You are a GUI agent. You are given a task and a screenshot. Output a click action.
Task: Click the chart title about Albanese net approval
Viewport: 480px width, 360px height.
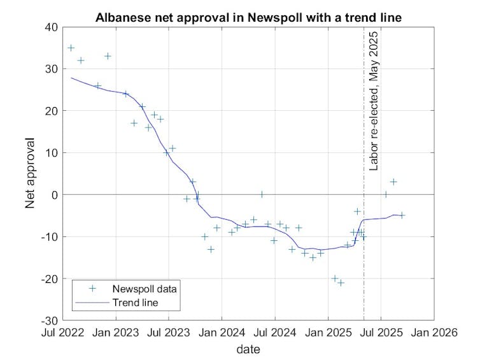click(248, 17)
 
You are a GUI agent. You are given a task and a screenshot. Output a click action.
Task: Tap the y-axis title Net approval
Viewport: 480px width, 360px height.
click(30, 173)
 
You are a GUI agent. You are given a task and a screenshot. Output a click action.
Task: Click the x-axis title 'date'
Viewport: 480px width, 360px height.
click(248, 349)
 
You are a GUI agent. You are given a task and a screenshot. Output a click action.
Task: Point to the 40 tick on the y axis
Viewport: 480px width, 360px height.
click(50, 27)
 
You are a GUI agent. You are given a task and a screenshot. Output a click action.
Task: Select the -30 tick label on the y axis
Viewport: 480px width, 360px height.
click(48, 320)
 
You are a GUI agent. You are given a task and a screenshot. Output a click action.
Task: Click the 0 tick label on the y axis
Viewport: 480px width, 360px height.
click(53, 194)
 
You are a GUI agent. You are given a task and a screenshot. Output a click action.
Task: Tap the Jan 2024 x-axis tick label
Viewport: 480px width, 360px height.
click(222, 332)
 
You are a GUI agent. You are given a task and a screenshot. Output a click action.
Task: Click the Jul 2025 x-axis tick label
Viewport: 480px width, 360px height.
click(381, 332)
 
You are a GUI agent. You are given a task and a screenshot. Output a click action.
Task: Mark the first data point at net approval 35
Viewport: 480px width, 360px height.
click(71, 48)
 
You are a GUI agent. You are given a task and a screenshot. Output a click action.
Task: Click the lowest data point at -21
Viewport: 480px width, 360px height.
click(341, 282)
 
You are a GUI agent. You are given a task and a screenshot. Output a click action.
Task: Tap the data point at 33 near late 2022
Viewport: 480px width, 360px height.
click(108, 56)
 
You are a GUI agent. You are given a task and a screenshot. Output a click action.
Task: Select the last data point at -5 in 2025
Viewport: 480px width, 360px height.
click(402, 215)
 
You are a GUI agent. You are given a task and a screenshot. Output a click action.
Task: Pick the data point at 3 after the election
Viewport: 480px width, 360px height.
click(393, 182)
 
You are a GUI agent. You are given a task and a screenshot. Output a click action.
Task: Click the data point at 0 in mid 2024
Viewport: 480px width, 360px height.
click(261, 194)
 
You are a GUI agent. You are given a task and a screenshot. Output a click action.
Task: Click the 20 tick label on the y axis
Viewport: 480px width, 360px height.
click(50, 111)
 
